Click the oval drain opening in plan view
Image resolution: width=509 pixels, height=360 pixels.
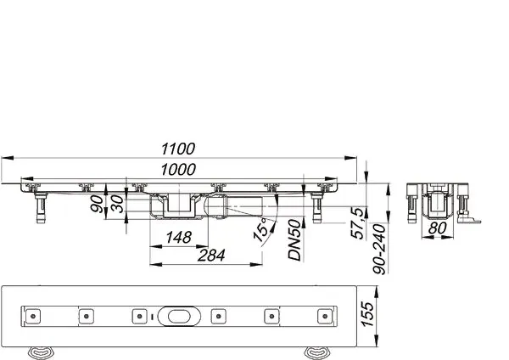pos(179,317)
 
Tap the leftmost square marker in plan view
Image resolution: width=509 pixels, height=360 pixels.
pos(34,317)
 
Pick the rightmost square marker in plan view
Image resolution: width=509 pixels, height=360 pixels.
pos(323,317)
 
